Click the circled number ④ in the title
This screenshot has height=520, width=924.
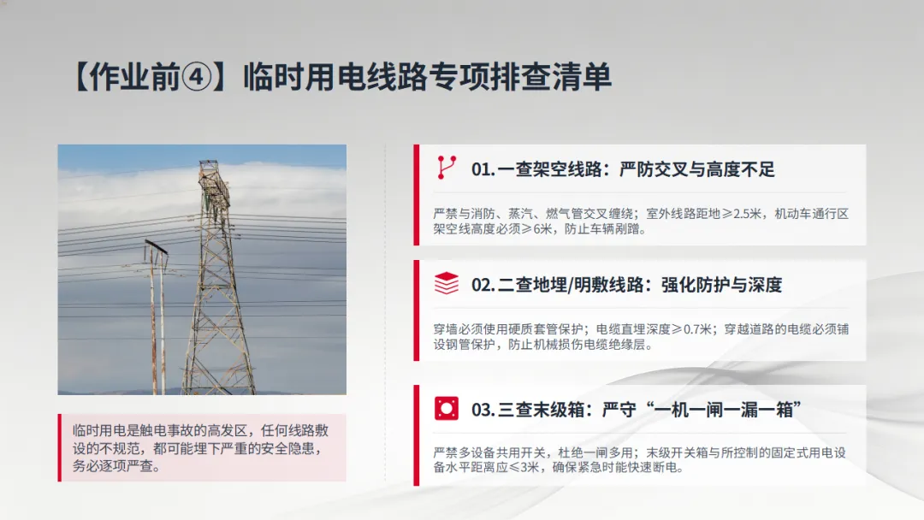click(x=196, y=78)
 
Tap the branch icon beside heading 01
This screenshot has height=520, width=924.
click(x=446, y=168)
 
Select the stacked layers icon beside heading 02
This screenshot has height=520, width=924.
click(x=446, y=283)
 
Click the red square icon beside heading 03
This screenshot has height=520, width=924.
click(x=446, y=408)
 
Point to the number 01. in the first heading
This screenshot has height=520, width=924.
click(x=483, y=169)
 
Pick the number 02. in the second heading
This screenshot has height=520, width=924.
click(x=483, y=285)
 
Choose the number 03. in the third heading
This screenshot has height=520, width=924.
click(x=483, y=410)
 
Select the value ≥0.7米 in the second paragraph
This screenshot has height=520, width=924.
click(x=692, y=329)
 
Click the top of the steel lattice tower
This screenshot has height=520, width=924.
click(x=211, y=162)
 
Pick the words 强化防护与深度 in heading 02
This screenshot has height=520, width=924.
click(x=721, y=285)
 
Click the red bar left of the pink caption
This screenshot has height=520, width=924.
click(x=60, y=447)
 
